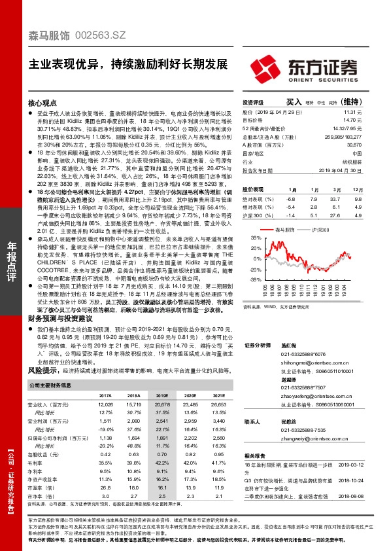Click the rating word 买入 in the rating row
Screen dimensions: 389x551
click(294, 103)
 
